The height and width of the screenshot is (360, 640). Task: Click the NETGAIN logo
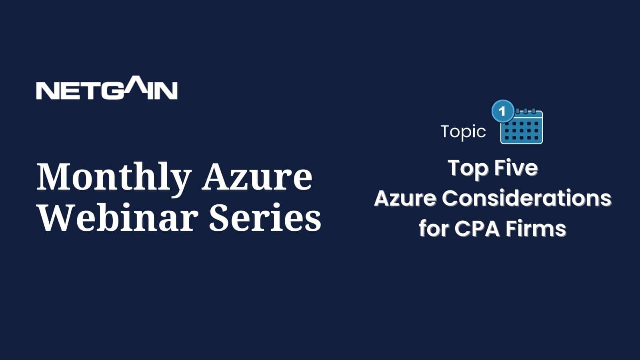coord(107,88)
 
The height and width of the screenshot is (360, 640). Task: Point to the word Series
coord(265,218)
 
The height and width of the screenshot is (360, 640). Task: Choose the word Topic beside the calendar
coord(463,132)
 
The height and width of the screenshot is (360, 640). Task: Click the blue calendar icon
coord(521,126)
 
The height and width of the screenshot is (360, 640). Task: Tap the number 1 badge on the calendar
coord(503,111)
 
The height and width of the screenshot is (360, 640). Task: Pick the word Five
coord(516,168)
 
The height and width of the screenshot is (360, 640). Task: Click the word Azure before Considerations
coord(405,198)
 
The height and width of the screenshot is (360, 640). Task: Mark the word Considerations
coord(526,198)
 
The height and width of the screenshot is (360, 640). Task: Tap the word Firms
coord(536,228)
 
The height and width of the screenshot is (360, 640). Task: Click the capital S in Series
coord(220,218)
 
